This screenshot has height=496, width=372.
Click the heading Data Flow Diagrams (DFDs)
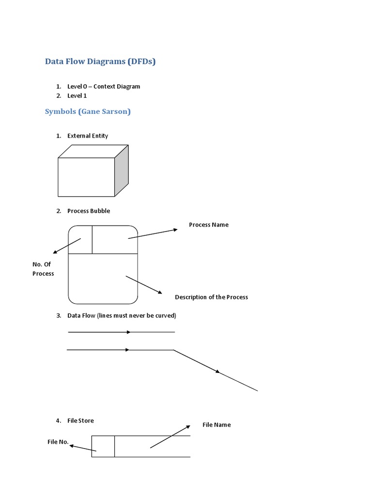click(100, 62)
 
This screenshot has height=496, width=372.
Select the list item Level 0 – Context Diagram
click(104, 86)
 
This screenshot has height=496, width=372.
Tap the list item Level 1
click(77, 95)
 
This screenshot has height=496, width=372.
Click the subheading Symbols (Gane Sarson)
click(88, 111)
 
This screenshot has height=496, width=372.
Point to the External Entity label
click(88, 136)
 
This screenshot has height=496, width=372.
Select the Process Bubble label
click(89, 211)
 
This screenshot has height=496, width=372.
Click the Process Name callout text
click(208, 225)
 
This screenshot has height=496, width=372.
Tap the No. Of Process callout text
click(43, 269)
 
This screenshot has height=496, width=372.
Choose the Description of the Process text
click(211, 297)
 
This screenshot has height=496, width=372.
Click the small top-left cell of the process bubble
click(80, 239)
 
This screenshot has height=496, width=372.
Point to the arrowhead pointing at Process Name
click(175, 230)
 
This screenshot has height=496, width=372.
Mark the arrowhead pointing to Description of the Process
click(159, 292)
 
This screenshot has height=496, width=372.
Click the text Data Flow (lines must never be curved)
click(122, 315)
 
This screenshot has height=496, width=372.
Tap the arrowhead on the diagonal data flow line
click(217, 372)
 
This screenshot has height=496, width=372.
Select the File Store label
click(80, 420)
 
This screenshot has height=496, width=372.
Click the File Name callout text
click(217, 425)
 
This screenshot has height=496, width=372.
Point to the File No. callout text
click(58, 442)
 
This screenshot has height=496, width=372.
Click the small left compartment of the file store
click(103, 446)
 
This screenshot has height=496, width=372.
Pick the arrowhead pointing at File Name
click(188, 427)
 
